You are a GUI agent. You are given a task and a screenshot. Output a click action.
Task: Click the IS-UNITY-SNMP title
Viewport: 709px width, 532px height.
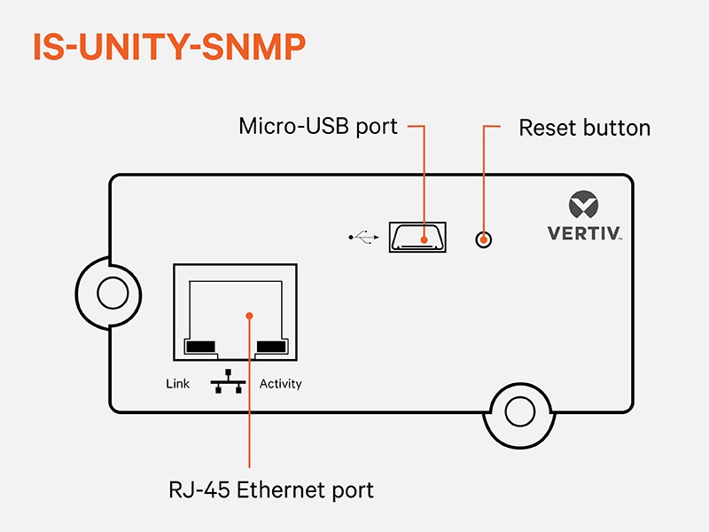[x=169, y=48]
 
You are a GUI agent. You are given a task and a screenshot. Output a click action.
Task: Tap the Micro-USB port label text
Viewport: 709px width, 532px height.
[x=318, y=127]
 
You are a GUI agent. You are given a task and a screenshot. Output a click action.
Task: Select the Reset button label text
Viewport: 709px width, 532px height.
[x=584, y=128]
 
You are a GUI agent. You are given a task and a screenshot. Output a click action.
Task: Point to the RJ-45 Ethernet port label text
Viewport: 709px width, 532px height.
[x=271, y=489]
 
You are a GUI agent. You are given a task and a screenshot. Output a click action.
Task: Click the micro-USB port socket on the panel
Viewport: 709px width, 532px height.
[x=417, y=237]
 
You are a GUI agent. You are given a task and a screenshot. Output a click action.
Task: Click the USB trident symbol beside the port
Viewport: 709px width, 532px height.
[x=363, y=237]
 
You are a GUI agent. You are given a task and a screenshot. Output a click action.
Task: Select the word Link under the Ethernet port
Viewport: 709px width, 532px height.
[x=178, y=384]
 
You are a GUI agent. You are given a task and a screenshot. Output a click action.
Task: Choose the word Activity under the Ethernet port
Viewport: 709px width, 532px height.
[x=280, y=384]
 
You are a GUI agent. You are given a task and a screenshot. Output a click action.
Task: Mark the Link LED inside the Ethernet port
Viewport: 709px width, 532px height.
[x=200, y=346]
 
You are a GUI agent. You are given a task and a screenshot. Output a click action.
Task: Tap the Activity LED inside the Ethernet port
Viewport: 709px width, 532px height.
[x=271, y=346]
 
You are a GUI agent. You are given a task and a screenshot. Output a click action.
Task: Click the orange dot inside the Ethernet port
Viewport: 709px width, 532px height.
[x=250, y=315]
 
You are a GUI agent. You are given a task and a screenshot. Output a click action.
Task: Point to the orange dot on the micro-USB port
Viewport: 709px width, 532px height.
[x=425, y=239]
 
